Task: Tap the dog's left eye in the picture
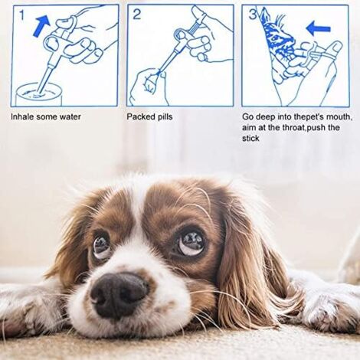(100, 247)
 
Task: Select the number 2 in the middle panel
(137, 14)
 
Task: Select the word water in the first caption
(69, 117)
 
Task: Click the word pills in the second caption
(165, 117)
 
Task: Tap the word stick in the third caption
(250, 139)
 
